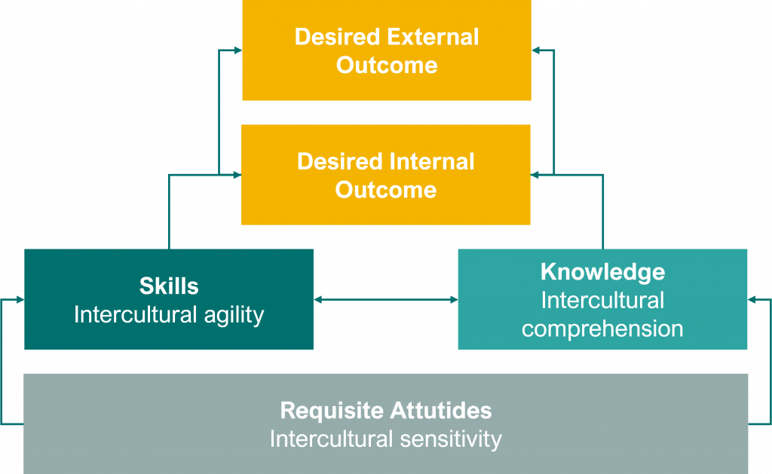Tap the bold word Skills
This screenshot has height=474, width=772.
tap(169, 286)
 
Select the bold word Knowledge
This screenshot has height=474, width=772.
tap(602, 271)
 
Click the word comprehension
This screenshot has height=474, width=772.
tap(602, 329)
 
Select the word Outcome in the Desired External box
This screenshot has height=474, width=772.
tap(386, 65)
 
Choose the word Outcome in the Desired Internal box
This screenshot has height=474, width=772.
tap(386, 189)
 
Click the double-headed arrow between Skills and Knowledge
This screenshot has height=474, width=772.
tap(385, 300)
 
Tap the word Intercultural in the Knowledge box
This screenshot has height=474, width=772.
tap(602, 300)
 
